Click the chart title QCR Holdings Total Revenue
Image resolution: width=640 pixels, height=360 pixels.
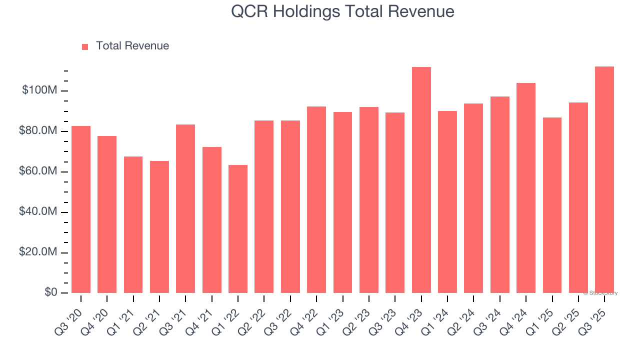click(342, 11)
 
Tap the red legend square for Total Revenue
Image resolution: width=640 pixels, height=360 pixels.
click(85, 46)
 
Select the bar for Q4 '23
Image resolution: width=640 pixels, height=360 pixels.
click(421, 180)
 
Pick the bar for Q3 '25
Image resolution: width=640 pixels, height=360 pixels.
click(604, 180)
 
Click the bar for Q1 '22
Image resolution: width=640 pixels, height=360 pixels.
click(238, 229)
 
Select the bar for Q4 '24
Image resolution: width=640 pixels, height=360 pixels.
click(526, 188)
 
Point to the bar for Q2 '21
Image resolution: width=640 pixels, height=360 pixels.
click(159, 227)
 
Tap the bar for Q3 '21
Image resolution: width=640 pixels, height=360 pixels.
click(185, 208)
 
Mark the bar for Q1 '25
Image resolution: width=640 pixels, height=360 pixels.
click(552, 205)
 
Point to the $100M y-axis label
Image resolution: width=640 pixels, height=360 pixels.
click(39, 90)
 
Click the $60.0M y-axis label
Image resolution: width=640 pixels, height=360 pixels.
click(38, 171)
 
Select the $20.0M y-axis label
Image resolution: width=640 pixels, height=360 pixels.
click(38, 252)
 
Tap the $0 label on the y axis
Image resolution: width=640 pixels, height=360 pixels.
click(50, 292)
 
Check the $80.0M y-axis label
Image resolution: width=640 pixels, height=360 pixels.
click(38, 131)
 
